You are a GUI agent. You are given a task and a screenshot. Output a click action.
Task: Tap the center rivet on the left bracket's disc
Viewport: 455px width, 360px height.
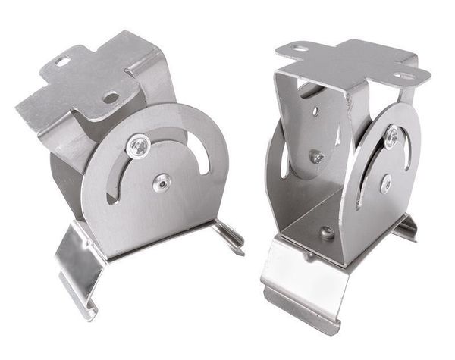(161, 181)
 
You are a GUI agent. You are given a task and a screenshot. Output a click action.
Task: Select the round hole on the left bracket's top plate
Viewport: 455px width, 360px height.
(111, 97)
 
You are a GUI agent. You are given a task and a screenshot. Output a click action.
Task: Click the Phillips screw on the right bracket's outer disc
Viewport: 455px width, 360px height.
(391, 137)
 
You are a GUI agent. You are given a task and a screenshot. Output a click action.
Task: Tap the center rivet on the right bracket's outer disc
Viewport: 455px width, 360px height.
(386, 183)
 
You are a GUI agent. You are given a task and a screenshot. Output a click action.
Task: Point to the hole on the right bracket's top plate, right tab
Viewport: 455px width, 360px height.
(403, 75)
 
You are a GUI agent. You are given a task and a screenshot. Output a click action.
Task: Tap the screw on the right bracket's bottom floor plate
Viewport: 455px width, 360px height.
(327, 233)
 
